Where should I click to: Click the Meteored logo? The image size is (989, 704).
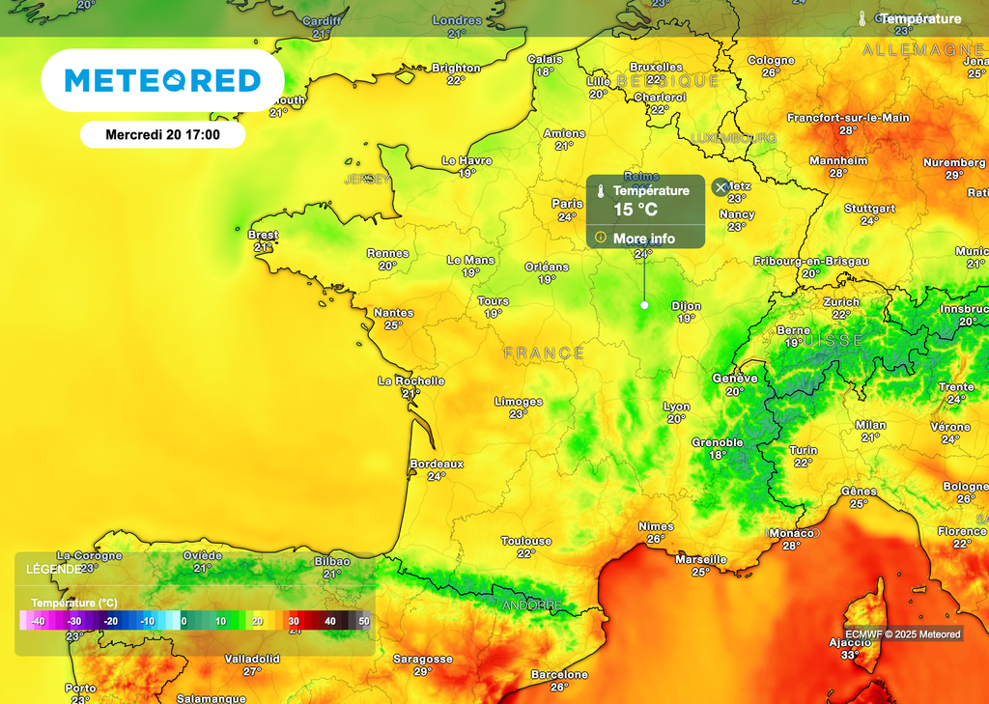(162, 80)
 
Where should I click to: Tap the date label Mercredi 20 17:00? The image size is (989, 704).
(162, 134)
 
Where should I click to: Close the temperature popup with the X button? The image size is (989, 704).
(721, 186)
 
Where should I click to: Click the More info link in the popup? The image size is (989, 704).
(643, 239)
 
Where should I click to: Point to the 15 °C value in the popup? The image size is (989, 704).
(636, 209)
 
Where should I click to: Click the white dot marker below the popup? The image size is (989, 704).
(644, 305)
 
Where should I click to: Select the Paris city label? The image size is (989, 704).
(567, 204)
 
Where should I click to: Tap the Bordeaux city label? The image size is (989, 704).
(437, 464)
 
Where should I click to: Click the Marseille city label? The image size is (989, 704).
(701, 559)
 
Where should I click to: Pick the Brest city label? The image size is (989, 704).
(263, 235)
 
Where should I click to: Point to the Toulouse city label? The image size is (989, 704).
(526, 541)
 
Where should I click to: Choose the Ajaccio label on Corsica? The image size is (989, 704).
(850, 642)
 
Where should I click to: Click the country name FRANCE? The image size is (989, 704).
(544, 353)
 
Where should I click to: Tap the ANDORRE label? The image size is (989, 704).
(531, 605)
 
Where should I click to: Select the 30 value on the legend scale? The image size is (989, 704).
(294, 621)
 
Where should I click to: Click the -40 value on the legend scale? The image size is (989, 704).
(39, 621)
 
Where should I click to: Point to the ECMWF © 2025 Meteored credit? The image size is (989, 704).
(902, 634)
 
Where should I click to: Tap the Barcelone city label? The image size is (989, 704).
(559, 674)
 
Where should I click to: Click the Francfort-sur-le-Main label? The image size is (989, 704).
(848, 118)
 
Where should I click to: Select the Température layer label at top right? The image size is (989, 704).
(919, 18)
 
